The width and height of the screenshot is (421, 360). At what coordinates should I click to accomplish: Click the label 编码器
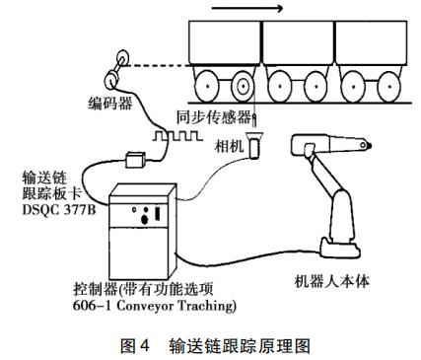[109, 104]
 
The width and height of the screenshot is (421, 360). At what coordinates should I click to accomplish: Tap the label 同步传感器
[214, 117]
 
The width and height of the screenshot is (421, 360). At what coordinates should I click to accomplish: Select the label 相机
[229, 146]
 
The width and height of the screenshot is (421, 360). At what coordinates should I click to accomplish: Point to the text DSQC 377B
[59, 210]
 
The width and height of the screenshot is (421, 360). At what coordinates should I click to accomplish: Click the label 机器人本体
[332, 282]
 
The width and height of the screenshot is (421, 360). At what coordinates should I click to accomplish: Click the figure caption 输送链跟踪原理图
[240, 346]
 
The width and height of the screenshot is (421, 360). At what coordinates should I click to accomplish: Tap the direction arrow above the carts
[246, 8]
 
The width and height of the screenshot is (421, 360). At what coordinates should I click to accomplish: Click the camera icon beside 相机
[254, 145]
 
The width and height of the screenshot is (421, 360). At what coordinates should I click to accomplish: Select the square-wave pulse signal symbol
[175, 136]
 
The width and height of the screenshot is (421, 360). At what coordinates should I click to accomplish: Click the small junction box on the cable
[135, 160]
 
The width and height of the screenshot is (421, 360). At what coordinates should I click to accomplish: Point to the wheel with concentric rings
[243, 87]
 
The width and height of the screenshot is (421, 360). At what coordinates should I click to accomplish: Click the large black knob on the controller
[144, 219]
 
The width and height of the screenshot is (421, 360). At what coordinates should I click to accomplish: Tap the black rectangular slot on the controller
[158, 213]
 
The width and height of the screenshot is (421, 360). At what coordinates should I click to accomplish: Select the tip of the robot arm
[370, 145]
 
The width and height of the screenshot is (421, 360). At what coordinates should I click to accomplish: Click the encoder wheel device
[116, 68]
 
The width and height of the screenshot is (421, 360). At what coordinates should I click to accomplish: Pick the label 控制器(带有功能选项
[143, 290]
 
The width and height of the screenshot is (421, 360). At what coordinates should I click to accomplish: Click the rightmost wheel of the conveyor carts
[388, 87]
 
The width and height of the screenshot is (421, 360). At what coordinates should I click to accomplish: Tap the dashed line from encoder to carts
[159, 66]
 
